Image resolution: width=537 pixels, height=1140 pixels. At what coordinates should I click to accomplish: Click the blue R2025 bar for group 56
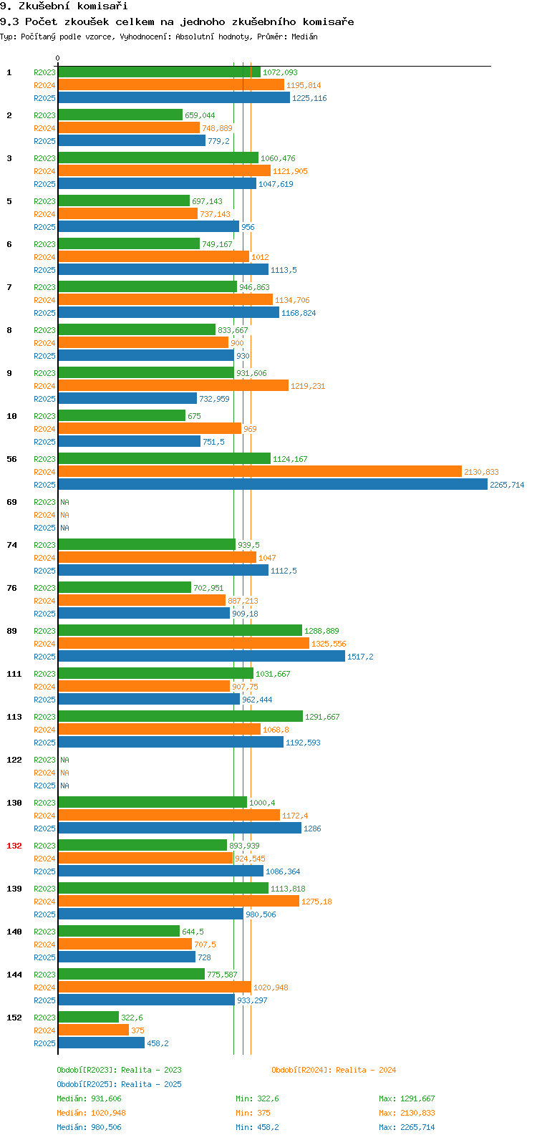point(272,485)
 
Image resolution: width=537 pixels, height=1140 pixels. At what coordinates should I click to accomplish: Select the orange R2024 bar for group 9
point(173,386)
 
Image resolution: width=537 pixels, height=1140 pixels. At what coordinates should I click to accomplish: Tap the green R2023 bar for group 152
point(88,1018)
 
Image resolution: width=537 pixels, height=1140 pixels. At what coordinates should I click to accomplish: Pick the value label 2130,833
point(481,472)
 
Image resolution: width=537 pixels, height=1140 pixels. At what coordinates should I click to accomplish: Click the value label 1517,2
point(360,657)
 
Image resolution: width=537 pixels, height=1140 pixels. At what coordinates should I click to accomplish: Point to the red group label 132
point(14,846)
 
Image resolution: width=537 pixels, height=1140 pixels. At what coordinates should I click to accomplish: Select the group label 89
point(11,631)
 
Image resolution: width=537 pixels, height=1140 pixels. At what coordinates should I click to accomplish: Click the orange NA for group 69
point(64,515)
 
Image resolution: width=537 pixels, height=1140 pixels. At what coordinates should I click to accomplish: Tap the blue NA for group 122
point(64,786)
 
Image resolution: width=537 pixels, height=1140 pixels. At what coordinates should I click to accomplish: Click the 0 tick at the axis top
point(58,59)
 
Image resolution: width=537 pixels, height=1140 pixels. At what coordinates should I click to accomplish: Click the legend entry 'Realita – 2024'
point(334,1070)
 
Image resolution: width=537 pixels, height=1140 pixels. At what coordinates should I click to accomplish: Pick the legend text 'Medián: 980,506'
point(89,1127)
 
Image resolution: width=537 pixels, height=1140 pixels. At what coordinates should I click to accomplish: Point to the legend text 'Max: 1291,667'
point(407,1098)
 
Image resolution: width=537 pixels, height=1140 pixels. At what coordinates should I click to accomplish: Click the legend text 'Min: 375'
point(253,1113)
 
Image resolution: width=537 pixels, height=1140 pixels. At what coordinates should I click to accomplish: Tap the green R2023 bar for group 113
point(180,717)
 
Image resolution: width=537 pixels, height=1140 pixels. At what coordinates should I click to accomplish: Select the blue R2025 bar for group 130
point(179,829)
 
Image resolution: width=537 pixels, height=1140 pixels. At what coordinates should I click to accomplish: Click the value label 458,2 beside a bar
point(158,1043)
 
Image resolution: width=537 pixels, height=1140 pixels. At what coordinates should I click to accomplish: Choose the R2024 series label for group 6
point(44,257)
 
